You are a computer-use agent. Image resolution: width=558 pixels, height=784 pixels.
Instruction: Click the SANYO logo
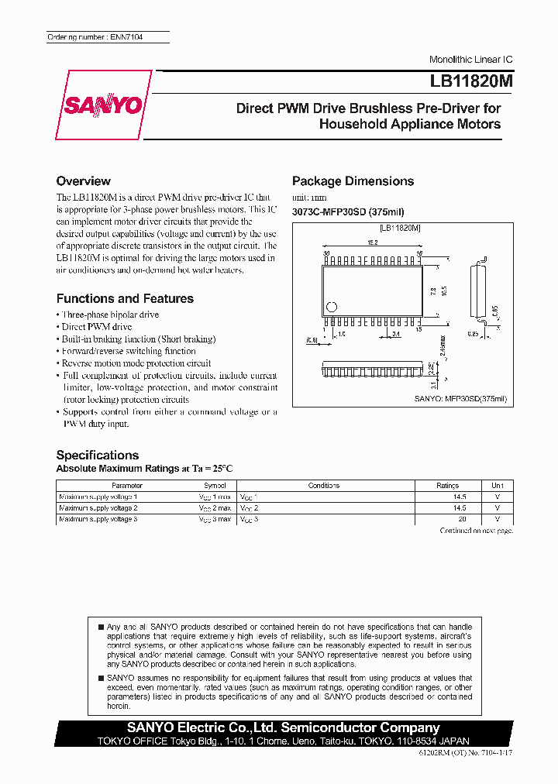(x=102, y=105)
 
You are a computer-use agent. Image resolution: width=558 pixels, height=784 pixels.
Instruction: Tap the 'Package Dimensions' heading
(x=353, y=181)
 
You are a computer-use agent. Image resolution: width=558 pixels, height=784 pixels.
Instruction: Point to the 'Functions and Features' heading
(x=125, y=298)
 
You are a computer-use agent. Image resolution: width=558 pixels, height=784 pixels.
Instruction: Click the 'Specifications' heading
(x=98, y=455)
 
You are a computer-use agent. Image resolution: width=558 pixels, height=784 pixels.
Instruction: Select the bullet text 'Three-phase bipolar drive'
(x=110, y=315)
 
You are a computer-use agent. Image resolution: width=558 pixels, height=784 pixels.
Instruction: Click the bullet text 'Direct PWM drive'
(x=97, y=327)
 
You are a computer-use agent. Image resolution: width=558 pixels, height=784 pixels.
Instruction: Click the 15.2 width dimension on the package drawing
(x=373, y=242)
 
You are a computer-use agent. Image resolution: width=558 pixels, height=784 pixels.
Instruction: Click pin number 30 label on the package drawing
(x=326, y=253)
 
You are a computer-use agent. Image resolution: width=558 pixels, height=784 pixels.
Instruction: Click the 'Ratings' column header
(x=447, y=486)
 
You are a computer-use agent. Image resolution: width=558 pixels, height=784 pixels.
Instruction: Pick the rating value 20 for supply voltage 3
(x=463, y=518)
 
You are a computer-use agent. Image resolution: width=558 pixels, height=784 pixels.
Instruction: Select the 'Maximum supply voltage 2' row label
(x=98, y=507)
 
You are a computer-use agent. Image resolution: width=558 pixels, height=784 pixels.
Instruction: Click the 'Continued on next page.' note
(x=476, y=531)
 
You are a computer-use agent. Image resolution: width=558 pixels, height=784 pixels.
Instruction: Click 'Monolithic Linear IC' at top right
(x=470, y=60)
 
